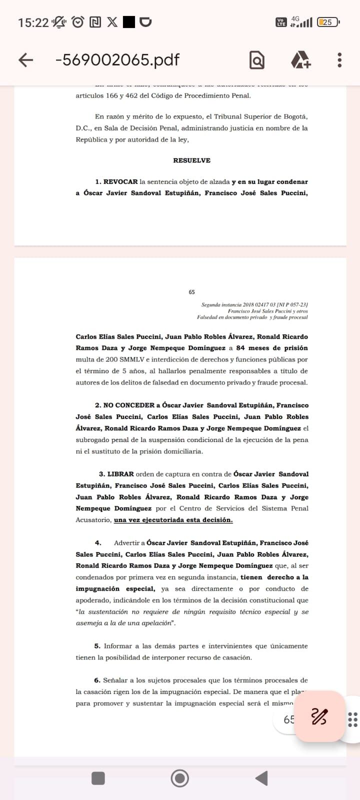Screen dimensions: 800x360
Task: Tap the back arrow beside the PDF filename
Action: pyautogui.click(x=25, y=60)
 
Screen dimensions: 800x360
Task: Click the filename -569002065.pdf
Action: pyautogui.click(x=117, y=60)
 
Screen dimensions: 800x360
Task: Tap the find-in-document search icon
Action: pyautogui.click(x=257, y=60)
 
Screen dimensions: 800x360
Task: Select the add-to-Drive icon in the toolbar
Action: pyautogui.click(x=300, y=60)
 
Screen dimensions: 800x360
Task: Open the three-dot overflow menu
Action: pyautogui.click(x=339, y=60)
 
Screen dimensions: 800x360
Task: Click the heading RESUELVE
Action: pyautogui.click(x=191, y=160)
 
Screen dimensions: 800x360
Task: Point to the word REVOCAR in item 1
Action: pyautogui.click(x=120, y=182)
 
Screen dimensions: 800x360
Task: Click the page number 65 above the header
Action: pyautogui.click(x=192, y=292)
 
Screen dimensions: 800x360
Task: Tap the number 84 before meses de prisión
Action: pyautogui.click(x=240, y=348)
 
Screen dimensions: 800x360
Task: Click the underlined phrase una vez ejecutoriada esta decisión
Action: pyautogui.click(x=173, y=520)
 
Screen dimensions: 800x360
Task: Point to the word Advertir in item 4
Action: pyautogui.click(x=129, y=543)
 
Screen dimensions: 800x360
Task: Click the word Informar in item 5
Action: pyautogui.click(x=118, y=646)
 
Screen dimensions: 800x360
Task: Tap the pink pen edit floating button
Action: pyautogui.click(x=319, y=716)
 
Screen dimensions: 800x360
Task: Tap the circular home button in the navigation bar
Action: pyautogui.click(x=180, y=778)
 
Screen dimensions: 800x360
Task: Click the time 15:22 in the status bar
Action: pyautogui.click(x=33, y=22)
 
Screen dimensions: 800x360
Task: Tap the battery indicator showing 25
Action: pyautogui.click(x=328, y=22)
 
